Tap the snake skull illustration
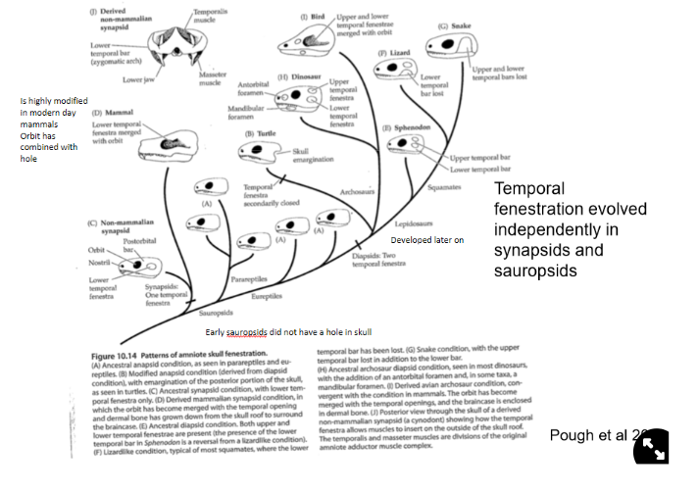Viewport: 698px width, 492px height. (x=452, y=46)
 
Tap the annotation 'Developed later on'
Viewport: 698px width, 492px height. (x=427, y=239)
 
